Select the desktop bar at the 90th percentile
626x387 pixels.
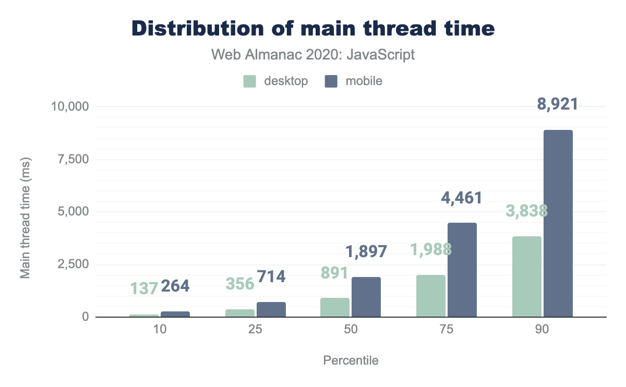[527, 276]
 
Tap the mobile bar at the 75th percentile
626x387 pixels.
[462, 270]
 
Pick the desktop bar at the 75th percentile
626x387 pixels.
[431, 296]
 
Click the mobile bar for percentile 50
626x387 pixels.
[366, 297]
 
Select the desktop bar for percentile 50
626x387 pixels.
[335, 307]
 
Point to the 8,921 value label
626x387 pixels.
[558, 104]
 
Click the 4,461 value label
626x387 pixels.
[461, 198]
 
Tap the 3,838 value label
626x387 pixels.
[526, 211]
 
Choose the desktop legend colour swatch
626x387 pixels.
[250, 81]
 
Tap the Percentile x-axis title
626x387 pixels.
[351, 360]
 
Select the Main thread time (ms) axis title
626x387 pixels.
[25, 212]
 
